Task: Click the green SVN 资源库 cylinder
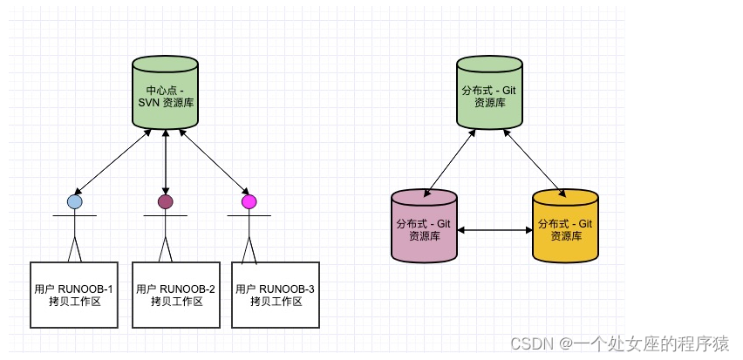click(166, 92)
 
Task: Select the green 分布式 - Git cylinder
click(491, 92)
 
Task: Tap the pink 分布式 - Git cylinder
click(424, 228)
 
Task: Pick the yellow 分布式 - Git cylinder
click(565, 228)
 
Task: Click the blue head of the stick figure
click(75, 202)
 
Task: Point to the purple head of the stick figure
click(166, 202)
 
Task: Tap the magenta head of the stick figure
click(249, 202)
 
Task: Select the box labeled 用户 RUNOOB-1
click(73, 295)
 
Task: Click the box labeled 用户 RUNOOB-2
click(176, 295)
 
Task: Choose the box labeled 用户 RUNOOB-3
click(276, 295)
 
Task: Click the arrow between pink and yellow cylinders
click(494, 230)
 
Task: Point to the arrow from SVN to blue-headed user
click(113, 161)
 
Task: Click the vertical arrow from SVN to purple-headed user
click(166, 161)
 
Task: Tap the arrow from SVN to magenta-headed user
click(209, 161)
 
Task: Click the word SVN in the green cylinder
click(150, 103)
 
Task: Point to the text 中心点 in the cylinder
click(160, 90)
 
